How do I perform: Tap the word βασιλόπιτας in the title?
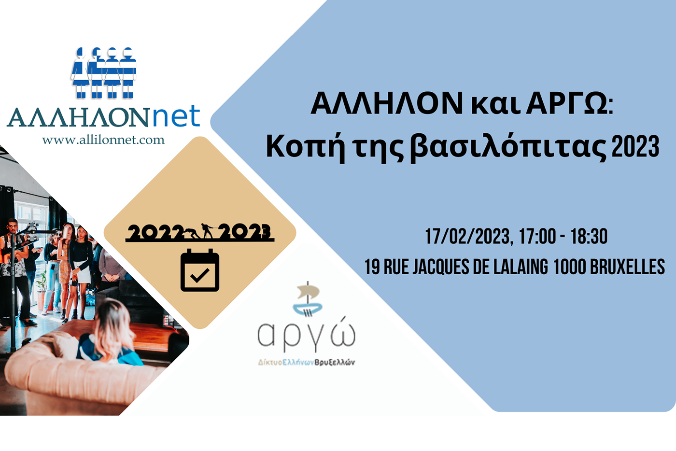pos(509,147)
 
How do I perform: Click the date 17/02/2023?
pos(468,236)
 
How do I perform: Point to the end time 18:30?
pos(589,236)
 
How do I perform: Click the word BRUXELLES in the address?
pos(627,267)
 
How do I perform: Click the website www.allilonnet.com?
pos(103,140)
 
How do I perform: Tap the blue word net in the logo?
pos(176,116)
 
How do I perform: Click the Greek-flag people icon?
pos(104,72)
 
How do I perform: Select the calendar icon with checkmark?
pos(200,270)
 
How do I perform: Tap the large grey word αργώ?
pos(307,335)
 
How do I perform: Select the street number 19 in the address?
pos(372,267)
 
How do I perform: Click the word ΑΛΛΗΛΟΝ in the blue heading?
pos(387,103)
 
